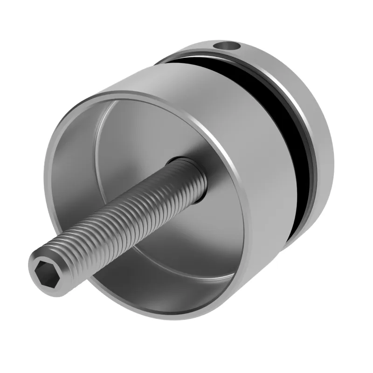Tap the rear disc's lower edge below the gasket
click(x=298, y=233)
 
